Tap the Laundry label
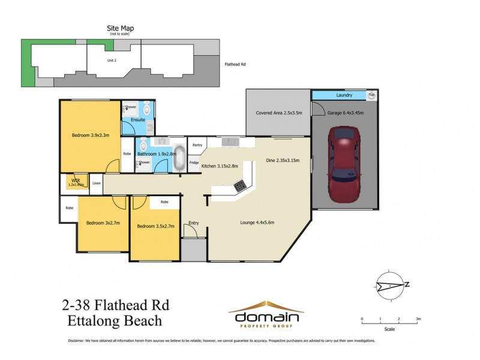click(x=344, y=95)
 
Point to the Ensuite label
click(x=130, y=119)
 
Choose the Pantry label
click(x=196, y=145)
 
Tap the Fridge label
click(x=194, y=163)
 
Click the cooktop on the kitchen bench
click(x=241, y=186)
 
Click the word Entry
click(x=193, y=223)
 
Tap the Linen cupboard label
click(x=96, y=183)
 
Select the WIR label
click(x=75, y=179)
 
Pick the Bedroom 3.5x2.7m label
click(x=155, y=226)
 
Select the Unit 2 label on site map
click(x=111, y=61)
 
